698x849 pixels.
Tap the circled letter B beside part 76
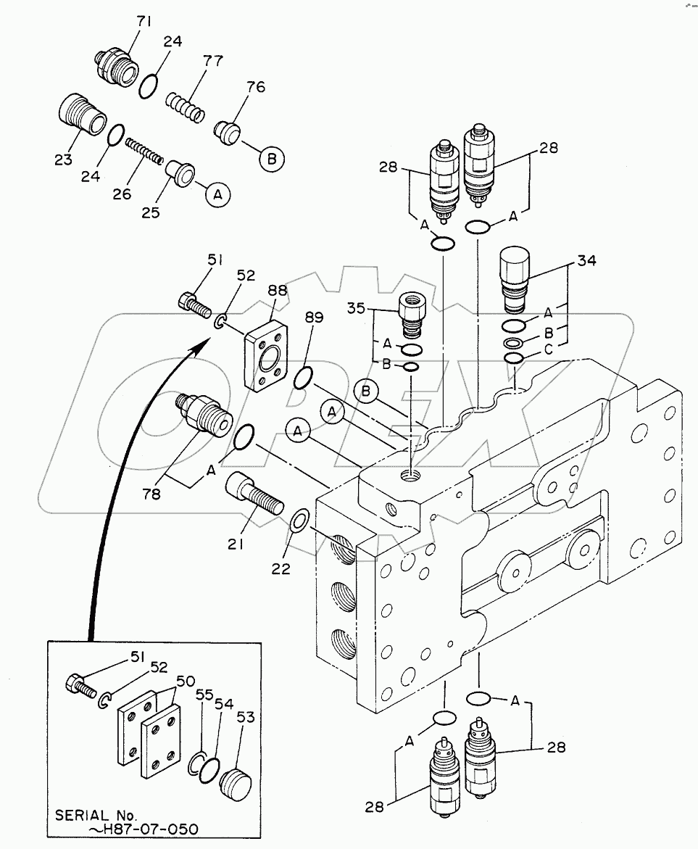[272, 160]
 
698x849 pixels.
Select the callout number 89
[315, 318]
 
